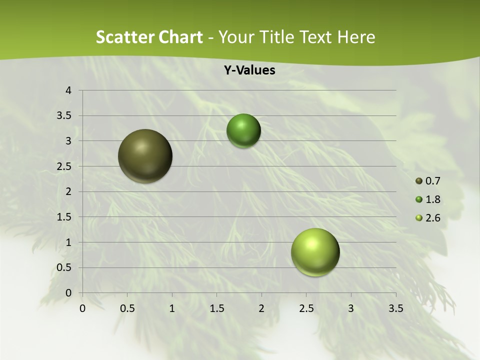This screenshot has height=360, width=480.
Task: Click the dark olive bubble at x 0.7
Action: pos(145,156)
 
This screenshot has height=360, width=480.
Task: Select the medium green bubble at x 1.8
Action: pos(243,130)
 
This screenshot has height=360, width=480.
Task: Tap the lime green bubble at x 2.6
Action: pos(315,252)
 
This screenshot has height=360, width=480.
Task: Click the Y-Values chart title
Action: pos(249,70)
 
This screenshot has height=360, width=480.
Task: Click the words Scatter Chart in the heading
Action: pos(149,37)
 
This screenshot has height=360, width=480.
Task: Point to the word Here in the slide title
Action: pos(355,37)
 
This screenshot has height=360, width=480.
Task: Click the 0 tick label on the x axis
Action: pos(82,308)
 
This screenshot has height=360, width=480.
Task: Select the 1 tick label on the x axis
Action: pos(172,308)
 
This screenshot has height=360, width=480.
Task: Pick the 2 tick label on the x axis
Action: pos(261,308)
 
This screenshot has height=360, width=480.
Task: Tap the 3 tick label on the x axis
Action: pos(351,308)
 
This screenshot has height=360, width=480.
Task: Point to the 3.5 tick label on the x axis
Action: pos(395,308)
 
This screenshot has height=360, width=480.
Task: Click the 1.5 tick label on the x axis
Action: pos(216,308)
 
